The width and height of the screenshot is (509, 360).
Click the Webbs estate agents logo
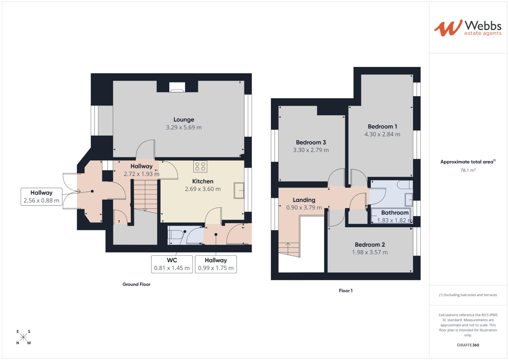(x=468, y=28)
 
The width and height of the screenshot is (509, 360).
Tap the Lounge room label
(x=184, y=120)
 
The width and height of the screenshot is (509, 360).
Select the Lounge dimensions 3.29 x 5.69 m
(x=184, y=127)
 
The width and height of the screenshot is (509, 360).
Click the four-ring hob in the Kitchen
(x=200, y=167)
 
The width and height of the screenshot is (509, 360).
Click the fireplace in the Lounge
(x=177, y=87)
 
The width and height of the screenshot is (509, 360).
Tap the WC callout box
(x=172, y=264)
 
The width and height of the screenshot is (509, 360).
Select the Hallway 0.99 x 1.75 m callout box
(x=216, y=264)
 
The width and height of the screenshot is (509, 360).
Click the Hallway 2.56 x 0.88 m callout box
(x=41, y=197)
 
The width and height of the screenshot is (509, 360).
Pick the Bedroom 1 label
(x=382, y=127)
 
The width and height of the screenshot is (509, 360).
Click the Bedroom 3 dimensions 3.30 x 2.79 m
(x=311, y=150)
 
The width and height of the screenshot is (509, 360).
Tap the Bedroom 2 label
(x=370, y=245)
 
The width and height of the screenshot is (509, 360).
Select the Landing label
(x=304, y=200)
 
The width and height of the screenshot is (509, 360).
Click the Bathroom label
(x=395, y=213)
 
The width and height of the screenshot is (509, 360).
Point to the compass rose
(x=23, y=337)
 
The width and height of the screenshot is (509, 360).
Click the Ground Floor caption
(x=136, y=284)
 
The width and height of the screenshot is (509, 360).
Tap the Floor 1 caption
(x=346, y=291)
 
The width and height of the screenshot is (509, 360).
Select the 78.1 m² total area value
(x=468, y=170)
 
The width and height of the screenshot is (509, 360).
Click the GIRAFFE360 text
(x=468, y=345)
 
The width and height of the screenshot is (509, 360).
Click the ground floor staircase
(x=145, y=195)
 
